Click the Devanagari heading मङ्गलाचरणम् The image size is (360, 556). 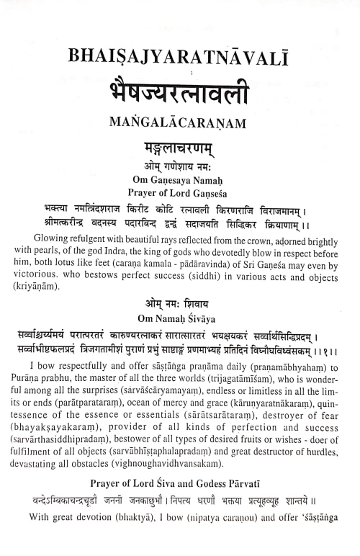pyautogui.click(x=180, y=146)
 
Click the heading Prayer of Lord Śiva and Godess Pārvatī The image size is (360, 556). pyautogui.click(x=180, y=485)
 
